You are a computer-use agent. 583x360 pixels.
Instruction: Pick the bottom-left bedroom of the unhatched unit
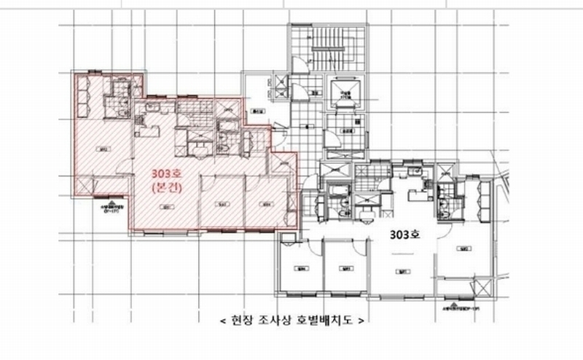(299, 270)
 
